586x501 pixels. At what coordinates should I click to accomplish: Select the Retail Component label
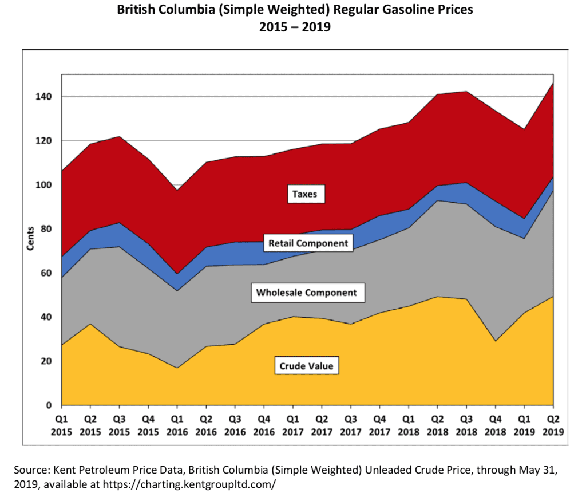point(308,243)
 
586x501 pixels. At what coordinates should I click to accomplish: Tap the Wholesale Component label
point(306,293)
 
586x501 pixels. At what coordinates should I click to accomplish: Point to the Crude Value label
point(306,366)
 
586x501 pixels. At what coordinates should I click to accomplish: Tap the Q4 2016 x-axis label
point(264,425)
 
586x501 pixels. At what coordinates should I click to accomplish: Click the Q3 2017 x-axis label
point(351,425)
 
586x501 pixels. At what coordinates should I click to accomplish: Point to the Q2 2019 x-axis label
point(553,425)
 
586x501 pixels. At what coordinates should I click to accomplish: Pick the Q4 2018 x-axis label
point(495,425)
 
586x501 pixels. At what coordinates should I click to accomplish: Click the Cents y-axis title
point(30,238)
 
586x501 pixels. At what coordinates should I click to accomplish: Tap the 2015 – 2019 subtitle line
point(292,26)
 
